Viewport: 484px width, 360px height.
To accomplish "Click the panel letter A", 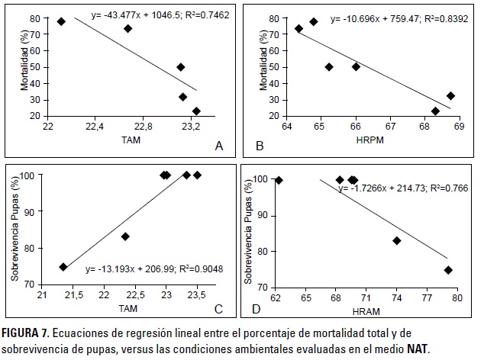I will pos(219,145).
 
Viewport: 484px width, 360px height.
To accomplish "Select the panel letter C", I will pos(219,308).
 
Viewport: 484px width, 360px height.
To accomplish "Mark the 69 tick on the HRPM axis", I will pos(458,127).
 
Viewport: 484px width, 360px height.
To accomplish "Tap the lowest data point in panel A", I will pos(196,111).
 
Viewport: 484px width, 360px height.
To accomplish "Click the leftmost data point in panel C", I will pos(63,267).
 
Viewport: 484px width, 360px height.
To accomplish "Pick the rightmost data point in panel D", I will pos(448,270).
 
